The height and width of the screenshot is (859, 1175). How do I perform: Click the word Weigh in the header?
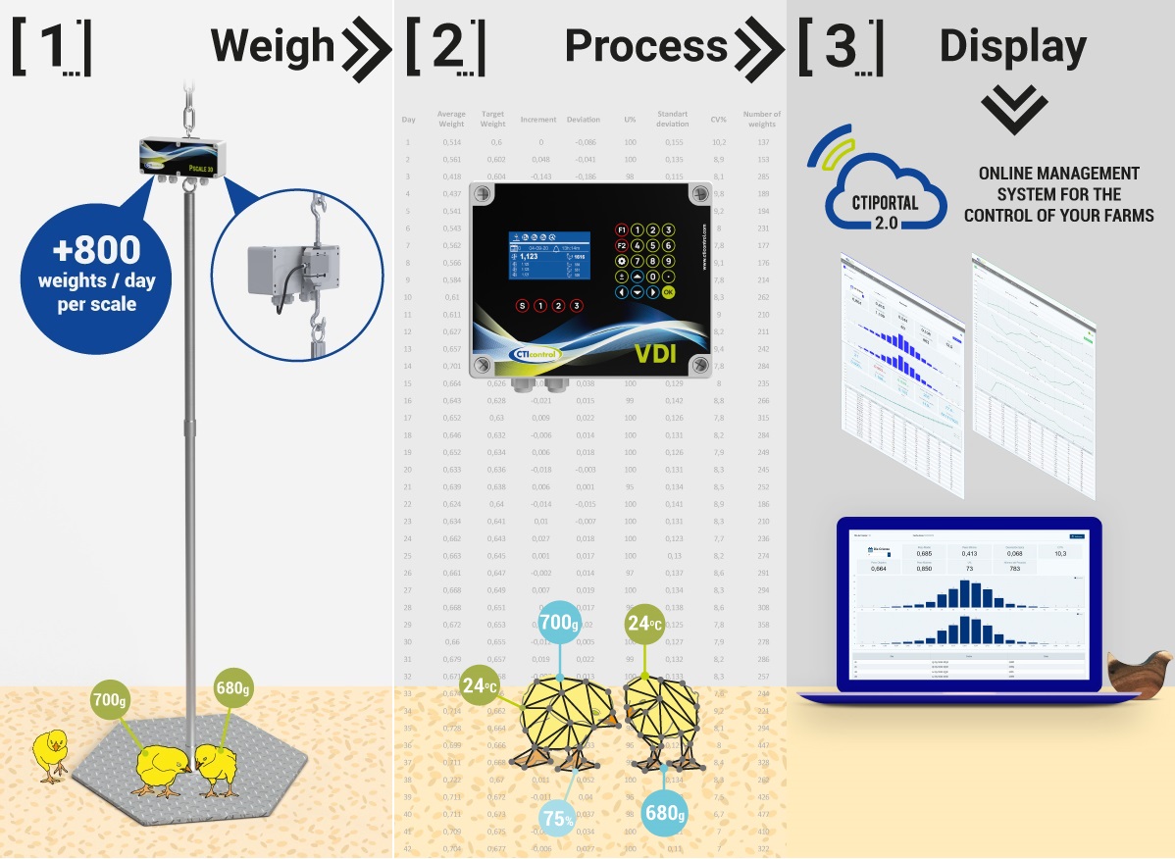pyautogui.click(x=273, y=46)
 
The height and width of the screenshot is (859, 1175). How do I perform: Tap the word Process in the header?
pyautogui.click(x=645, y=46)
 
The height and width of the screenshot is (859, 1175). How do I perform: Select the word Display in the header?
pyautogui.click(x=1012, y=46)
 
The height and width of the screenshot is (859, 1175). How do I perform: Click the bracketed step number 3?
pyautogui.click(x=841, y=47)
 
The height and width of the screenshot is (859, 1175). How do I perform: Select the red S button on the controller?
pyautogui.click(x=522, y=306)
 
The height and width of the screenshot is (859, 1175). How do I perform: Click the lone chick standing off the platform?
pyautogui.click(x=49, y=754)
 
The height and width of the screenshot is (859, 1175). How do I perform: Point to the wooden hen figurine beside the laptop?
pyautogui.click(x=1138, y=674)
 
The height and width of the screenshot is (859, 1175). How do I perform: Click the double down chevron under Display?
pyautogui.click(x=1013, y=110)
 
